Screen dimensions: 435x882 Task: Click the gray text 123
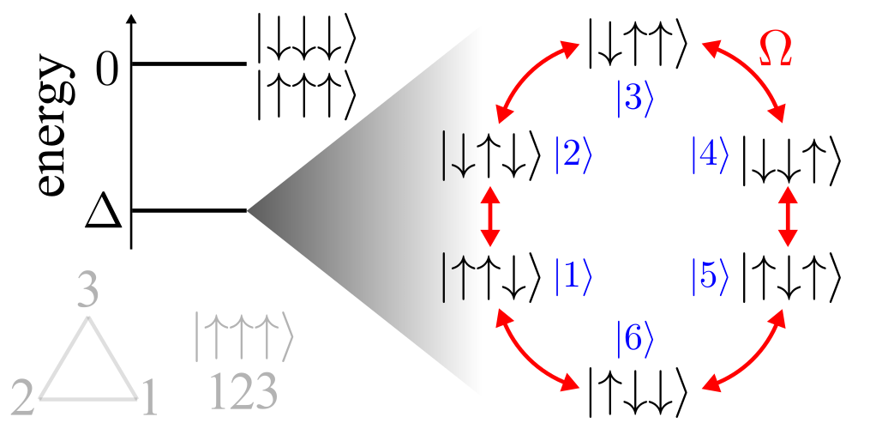(244, 392)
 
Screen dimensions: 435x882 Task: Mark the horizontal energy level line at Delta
(189, 210)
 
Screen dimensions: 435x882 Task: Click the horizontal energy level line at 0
(189, 63)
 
